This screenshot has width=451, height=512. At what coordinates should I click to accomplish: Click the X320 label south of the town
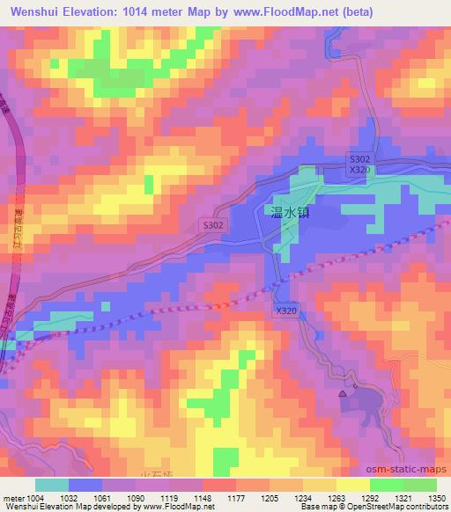(285, 311)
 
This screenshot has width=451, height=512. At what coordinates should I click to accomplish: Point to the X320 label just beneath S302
(359, 170)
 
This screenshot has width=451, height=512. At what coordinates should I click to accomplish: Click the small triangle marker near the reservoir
(343, 395)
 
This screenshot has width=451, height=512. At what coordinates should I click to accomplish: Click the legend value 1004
(36, 497)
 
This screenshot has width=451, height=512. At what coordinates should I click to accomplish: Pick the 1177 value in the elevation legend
(235, 497)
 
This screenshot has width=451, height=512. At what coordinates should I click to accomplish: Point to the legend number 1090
(135, 497)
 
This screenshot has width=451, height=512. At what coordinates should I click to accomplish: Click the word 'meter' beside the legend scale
(13, 497)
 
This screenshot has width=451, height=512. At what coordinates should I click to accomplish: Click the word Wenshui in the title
(35, 12)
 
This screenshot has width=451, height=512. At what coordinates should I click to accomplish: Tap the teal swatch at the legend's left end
(52, 485)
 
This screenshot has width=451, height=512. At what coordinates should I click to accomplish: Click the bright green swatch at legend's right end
(419, 485)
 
